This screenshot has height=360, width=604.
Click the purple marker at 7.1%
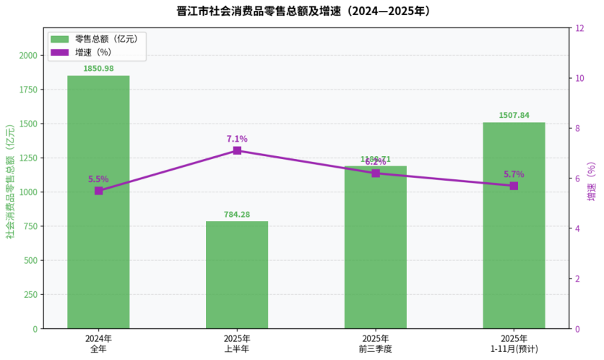tap(237, 150)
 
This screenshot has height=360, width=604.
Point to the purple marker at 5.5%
tap(99, 191)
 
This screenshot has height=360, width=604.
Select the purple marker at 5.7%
tap(514, 186)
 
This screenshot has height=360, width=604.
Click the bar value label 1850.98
tap(98, 69)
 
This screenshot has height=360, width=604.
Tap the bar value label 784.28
tap(237, 214)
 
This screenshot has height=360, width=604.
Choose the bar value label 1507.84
tap(514, 115)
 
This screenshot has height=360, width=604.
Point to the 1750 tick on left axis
tap(29, 90)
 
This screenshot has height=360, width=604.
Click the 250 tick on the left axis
tap(31, 295)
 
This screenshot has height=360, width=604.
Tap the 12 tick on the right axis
tap(579, 28)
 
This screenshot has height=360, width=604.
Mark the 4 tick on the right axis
tap(577, 229)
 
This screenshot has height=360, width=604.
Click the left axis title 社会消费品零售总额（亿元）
tap(10, 181)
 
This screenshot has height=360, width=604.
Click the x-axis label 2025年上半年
tap(237, 343)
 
